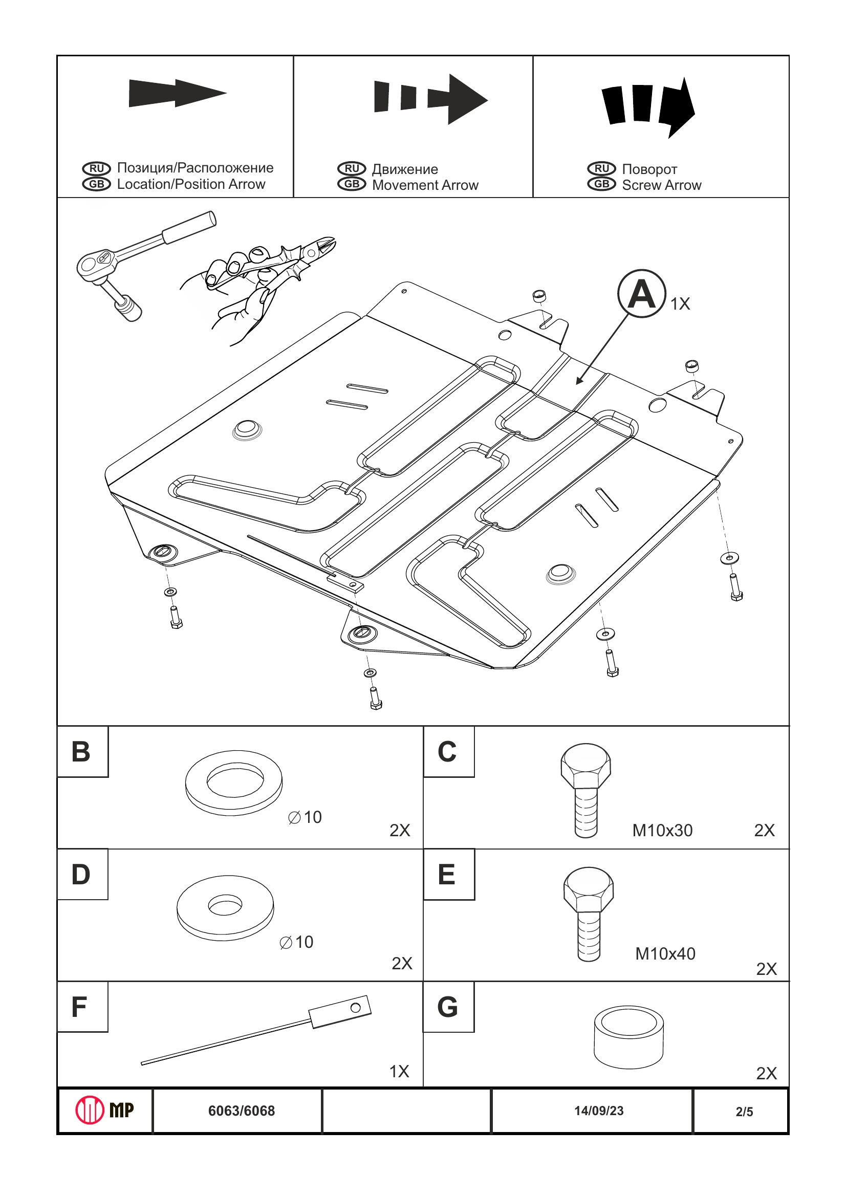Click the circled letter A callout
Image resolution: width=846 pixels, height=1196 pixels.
641,294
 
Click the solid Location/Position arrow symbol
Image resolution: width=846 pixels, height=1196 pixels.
177,93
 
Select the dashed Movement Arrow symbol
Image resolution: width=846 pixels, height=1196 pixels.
431,99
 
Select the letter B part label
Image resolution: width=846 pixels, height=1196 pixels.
81,752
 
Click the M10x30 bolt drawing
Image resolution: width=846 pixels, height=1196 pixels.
586,790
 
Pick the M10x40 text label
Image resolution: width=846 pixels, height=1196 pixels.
665,954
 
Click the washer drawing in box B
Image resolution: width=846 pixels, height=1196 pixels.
234,782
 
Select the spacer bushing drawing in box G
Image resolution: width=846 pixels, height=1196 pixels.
629,1037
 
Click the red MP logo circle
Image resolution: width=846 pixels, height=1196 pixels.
90,1110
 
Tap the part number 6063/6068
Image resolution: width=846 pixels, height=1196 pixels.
241,1111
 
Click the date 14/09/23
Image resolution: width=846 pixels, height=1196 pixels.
599,1111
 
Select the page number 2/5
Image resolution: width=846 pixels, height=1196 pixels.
744,1112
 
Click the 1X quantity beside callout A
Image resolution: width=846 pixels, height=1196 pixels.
680,303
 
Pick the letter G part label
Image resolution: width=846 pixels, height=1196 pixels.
447,1007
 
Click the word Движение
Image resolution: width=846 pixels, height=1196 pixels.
405,169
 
